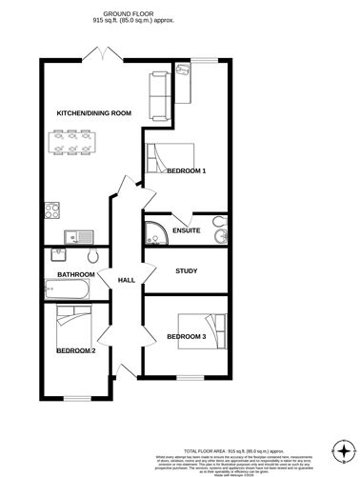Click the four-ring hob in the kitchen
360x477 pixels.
tap(51, 209)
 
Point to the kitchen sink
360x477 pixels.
tap(73, 236)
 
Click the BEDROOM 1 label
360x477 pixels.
tap(186, 170)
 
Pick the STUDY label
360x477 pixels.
tap(186, 272)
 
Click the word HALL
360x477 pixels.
tap(126, 280)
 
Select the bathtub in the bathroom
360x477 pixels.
tap(67, 288)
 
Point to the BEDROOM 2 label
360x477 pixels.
tap(75, 350)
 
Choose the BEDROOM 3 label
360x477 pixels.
tap(186, 336)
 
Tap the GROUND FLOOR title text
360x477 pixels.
tap(129, 10)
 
